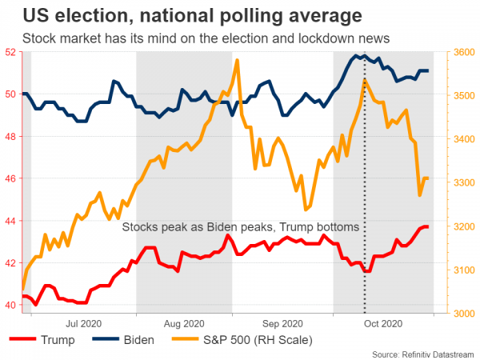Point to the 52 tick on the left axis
point(10,52)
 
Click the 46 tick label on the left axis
point(10,178)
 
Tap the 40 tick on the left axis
point(10,305)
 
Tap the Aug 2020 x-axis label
point(183,323)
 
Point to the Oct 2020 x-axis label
point(382,323)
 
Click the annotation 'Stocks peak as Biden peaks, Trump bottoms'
point(240,227)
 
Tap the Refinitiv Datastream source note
point(422,354)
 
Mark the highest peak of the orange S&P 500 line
point(238,60)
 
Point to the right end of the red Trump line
point(428,227)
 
